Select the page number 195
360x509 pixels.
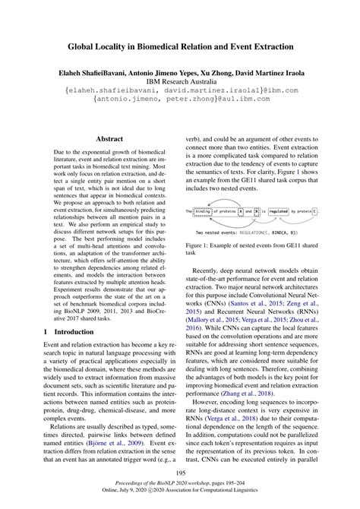(180, 475)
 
